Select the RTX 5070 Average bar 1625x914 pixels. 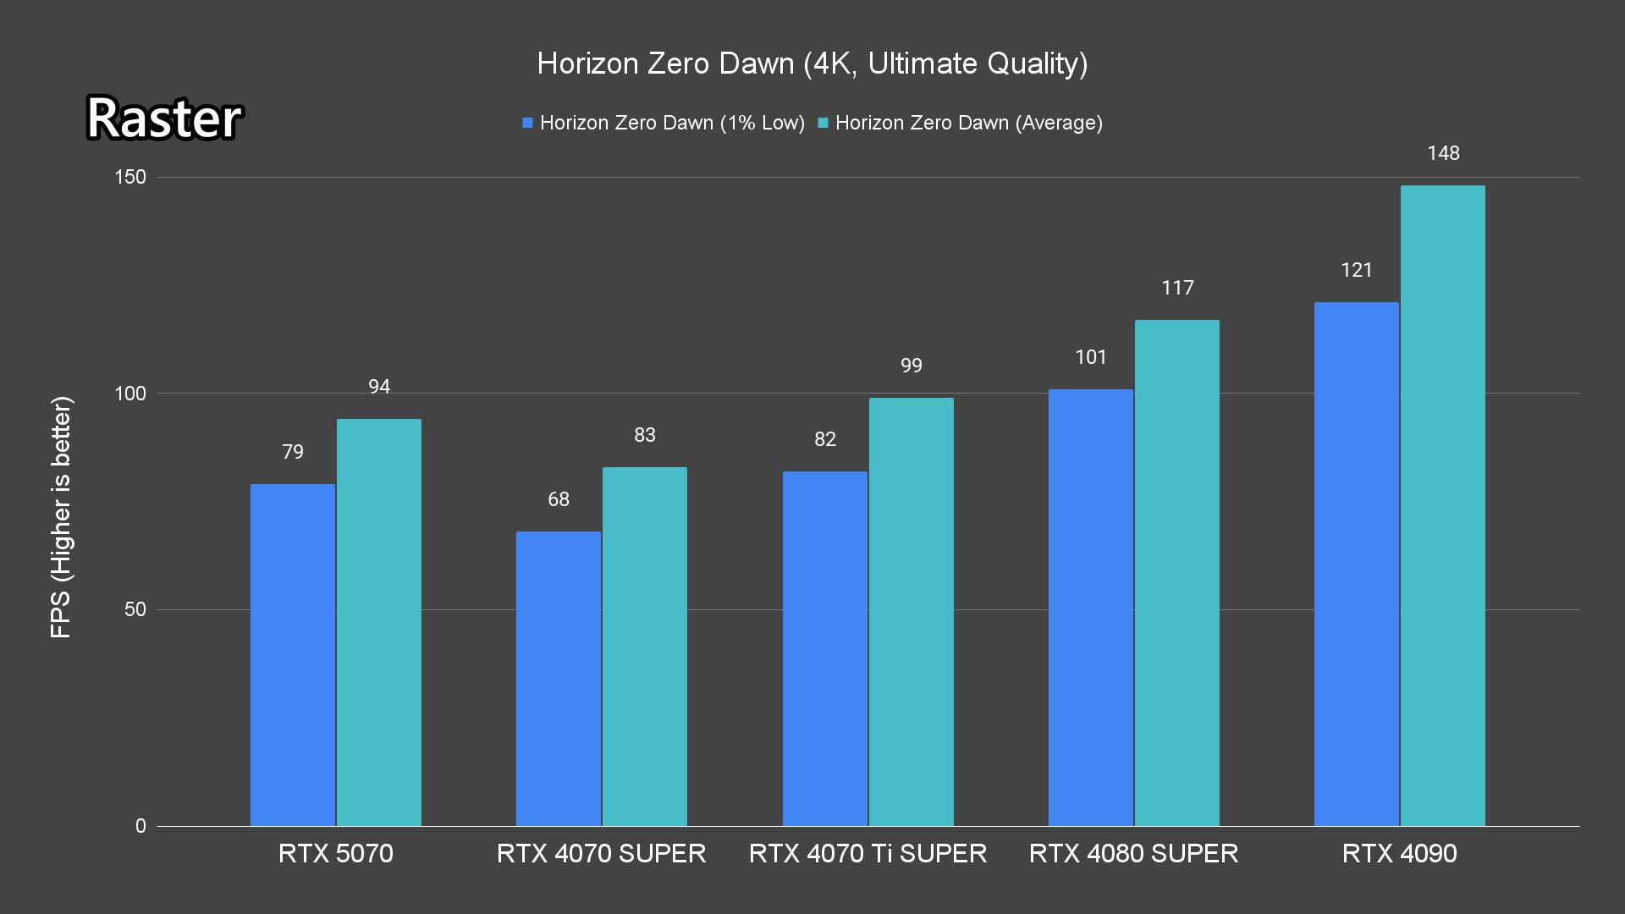click(x=379, y=622)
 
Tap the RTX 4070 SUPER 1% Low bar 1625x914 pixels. click(x=559, y=678)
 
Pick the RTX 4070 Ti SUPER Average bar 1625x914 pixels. click(x=912, y=611)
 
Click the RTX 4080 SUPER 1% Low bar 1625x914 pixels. click(x=1091, y=607)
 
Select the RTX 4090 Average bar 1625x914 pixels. click(x=1443, y=505)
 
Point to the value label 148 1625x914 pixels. click(x=1443, y=153)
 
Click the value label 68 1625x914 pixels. click(x=559, y=499)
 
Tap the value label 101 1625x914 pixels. click(x=1091, y=357)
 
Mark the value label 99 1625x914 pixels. click(x=912, y=366)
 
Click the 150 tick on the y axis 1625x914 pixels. click(x=130, y=177)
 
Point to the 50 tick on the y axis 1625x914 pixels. click(x=135, y=609)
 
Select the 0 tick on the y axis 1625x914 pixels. click(x=140, y=826)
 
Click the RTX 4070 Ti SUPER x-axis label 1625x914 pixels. click(x=868, y=853)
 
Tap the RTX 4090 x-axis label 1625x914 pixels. click(x=1400, y=853)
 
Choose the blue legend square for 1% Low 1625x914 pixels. click(x=527, y=124)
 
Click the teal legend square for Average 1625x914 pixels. click(x=823, y=124)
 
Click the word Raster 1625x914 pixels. click(x=164, y=118)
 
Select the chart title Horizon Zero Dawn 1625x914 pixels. click(x=812, y=63)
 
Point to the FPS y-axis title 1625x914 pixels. click(x=61, y=516)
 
